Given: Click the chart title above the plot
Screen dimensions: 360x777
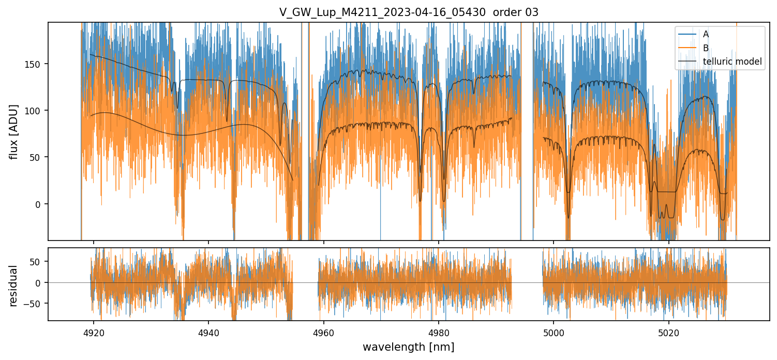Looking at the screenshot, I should (409, 12).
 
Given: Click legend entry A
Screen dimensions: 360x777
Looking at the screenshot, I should (706, 34).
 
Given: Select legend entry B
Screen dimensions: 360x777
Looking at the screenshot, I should (706, 48).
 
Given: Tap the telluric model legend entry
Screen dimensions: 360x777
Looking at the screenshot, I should (732, 62).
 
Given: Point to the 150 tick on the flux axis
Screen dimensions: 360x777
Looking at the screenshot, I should (37, 64).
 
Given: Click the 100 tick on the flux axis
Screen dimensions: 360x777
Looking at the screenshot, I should (37, 110).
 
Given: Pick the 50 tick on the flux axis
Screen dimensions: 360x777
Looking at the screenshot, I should (39, 157).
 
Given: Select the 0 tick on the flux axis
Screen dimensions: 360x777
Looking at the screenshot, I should (41, 204).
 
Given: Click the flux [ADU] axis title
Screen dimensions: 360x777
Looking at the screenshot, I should (14, 131).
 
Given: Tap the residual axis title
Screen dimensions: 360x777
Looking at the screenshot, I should (14, 286).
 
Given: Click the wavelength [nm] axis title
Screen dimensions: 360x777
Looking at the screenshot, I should (409, 347).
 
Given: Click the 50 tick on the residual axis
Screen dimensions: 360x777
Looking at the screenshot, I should (39, 261).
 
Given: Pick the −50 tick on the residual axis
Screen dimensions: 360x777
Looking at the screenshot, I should (37, 304).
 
